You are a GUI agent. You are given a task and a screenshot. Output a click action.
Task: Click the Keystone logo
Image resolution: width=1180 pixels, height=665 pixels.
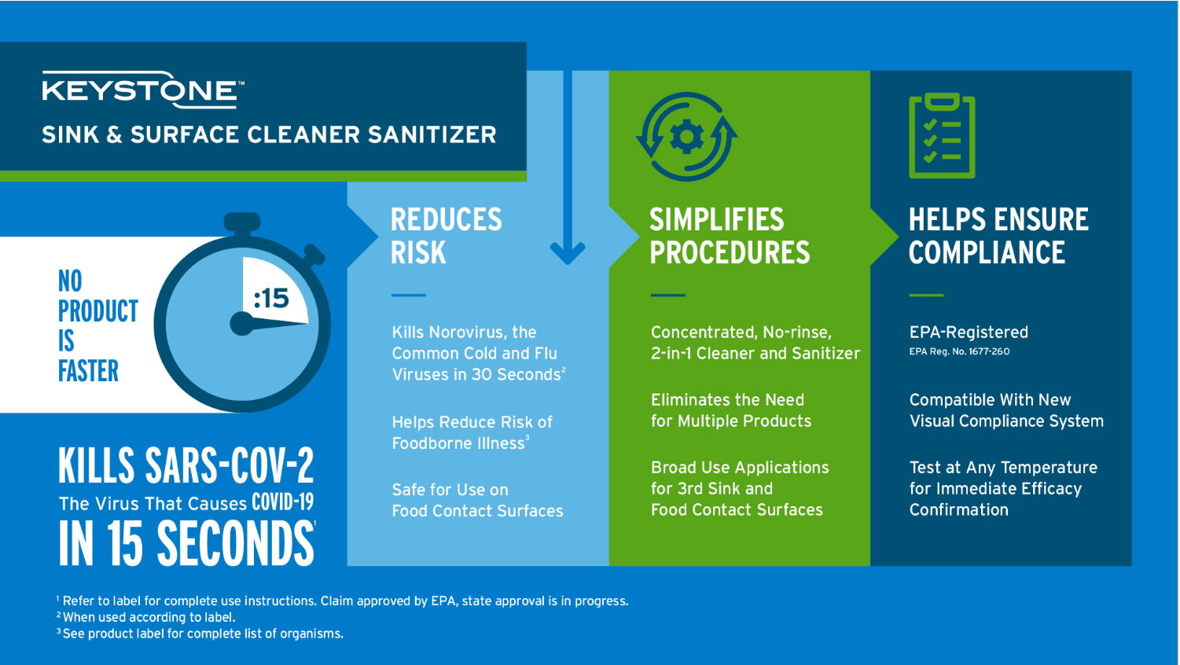[142, 90]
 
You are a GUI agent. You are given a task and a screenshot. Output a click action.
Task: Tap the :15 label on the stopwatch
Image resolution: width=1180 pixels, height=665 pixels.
[271, 299]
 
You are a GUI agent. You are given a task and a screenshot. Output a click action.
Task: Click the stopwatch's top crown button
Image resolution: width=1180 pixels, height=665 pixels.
[242, 222]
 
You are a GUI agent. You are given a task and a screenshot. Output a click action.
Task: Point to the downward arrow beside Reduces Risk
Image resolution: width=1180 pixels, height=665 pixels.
[568, 168]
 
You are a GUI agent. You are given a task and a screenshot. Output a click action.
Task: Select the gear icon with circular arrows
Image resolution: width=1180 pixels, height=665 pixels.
[686, 138]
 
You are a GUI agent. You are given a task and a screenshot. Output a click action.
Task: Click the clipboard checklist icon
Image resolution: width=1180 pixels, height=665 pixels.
[942, 136]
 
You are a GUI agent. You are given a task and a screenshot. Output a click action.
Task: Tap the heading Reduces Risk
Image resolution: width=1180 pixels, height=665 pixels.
[446, 236]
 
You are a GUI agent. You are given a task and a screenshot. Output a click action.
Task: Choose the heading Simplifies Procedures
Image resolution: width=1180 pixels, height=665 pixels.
[729, 236]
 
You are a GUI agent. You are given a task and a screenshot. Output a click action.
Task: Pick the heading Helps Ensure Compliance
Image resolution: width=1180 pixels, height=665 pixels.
[998, 236]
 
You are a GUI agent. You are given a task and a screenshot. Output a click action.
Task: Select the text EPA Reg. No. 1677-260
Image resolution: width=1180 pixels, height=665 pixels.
[959, 352]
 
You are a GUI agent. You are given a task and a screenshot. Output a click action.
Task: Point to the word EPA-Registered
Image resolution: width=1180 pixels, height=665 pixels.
[969, 332]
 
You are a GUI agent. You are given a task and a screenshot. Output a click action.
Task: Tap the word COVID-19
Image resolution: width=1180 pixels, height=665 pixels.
[282, 503]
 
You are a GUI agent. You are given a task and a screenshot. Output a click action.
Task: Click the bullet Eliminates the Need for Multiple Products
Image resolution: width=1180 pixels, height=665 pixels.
[730, 410]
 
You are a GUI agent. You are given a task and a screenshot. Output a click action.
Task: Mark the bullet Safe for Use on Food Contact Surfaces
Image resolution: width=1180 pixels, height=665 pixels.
[477, 501]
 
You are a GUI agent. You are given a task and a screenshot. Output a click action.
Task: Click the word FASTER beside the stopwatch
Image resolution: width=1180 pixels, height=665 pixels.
[88, 371]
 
